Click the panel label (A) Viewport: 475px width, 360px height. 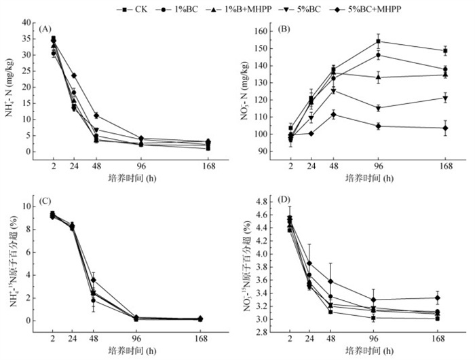tap(45, 29)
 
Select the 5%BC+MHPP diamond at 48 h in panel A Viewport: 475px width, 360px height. tap(97, 115)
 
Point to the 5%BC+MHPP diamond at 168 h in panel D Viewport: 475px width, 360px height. tap(445, 298)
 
